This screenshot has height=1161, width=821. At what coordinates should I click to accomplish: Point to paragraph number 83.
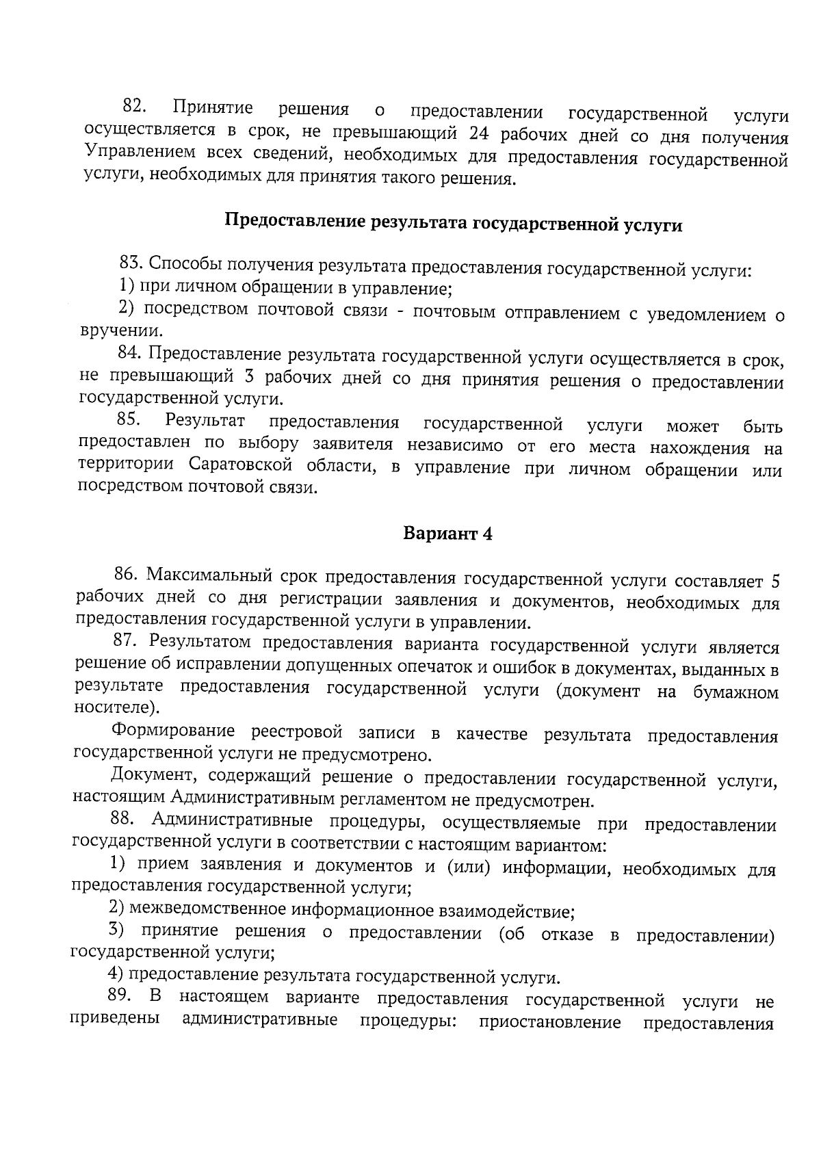tap(131, 263)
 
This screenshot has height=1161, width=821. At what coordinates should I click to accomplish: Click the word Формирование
tap(173, 731)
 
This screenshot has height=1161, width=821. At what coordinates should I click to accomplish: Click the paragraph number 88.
tap(125, 819)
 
